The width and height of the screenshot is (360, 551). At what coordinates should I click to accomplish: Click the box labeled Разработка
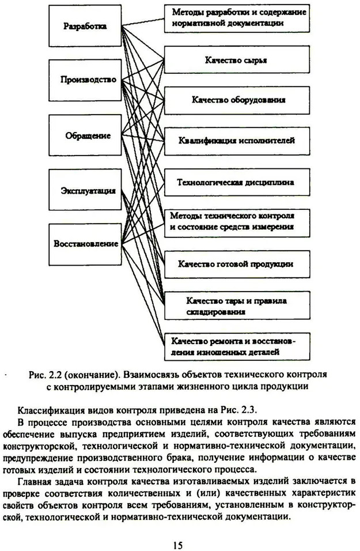tap(85, 26)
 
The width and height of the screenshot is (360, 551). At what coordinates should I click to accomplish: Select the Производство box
tap(85, 80)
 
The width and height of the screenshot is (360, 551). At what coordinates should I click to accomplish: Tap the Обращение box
tap(85, 135)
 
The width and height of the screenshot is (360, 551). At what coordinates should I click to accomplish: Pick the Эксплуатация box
tap(85, 190)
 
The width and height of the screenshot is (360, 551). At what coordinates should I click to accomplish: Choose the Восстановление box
tap(85, 244)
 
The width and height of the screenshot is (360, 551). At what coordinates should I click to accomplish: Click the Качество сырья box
tap(237, 59)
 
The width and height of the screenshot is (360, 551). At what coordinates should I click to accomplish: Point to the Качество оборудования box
tap(237, 100)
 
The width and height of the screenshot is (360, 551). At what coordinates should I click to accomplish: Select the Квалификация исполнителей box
tap(237, 141)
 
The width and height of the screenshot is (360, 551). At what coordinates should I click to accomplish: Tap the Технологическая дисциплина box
tap(237, 182)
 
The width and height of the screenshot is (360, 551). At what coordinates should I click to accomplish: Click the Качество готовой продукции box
tap(237, 264)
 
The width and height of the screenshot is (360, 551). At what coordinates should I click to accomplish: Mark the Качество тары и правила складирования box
tap(237, 305)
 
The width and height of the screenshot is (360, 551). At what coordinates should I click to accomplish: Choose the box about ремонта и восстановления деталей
tap(237, 346)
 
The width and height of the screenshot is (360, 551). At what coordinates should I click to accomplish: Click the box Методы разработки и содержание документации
tap(237, 18)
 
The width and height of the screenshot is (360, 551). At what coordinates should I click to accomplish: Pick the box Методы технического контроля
tap(237, 223)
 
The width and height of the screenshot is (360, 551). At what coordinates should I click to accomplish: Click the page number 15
tap(178, 545)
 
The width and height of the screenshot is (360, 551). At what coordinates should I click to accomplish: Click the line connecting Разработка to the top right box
tap(143, 22)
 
